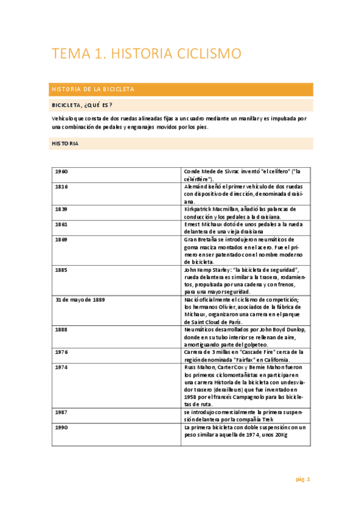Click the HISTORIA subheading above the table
click(x=65, y=144)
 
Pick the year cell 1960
click(x=61, y=171)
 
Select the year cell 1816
click(x=61, y=187)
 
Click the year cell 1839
click(x=61, y=208)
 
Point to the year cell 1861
click(x=61, y=224)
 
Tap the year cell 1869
click(x=61, y=239)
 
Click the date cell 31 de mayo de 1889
click(x=80, y=300)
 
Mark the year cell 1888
click(x=61, y=330)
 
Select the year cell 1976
click(x=61, y=351)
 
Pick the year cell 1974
click(x=61, y=367)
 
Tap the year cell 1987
click(x=61, y=412)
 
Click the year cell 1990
click(x=61, y=427)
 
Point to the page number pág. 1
click(x=302, y=479)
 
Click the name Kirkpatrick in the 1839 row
click(x=199, y=208)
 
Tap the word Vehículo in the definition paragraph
click(x=65, y=118)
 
